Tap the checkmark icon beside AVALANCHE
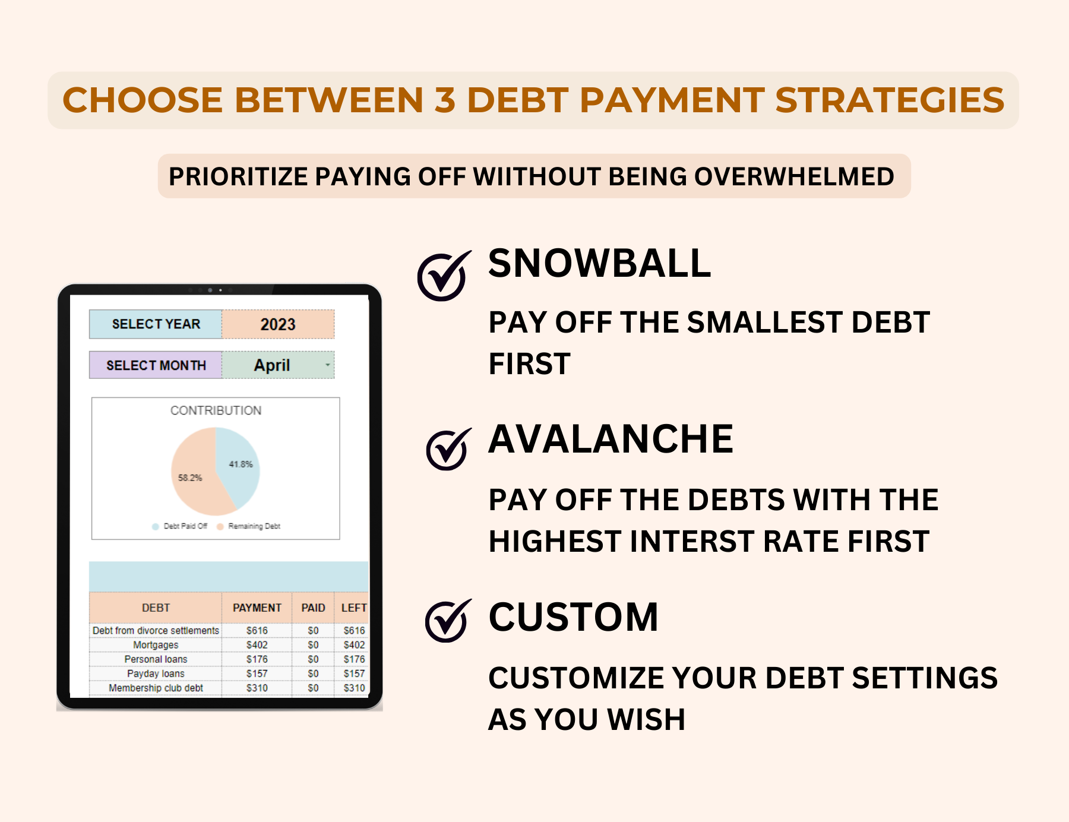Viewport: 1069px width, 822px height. coord(448,450)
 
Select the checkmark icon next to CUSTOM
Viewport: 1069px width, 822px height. coord(447,621)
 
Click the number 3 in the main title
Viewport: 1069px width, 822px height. coord(444,100)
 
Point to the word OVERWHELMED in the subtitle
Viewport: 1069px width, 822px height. coord(793,176)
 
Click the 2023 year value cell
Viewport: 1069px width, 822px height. coord(277,324)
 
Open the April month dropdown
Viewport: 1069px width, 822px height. coord(327,365)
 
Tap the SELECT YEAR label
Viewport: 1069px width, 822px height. coord(156,324)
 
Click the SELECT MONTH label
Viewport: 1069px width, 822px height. coord(156,365)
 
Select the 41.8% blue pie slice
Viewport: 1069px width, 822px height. coord(240,464)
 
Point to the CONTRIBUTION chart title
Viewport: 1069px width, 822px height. coord(216,410)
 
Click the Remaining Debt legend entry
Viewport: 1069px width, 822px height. coord(249,526)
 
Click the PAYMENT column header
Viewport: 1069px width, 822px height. coord(257,608)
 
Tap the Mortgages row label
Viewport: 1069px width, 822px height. coord(156,645)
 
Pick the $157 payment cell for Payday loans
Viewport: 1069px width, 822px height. coord(257,674)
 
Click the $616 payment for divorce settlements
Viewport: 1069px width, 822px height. coord(257,630)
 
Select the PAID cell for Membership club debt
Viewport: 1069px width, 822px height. coord(313,688)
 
